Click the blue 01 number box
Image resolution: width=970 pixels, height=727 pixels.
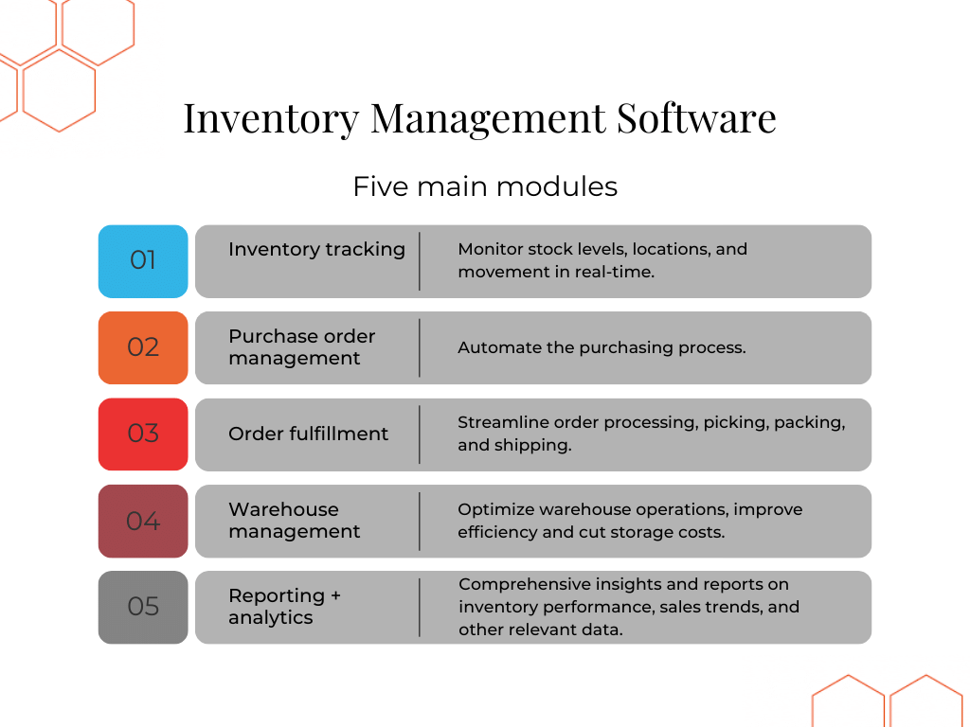coord(143,260)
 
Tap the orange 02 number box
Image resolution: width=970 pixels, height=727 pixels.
coord(143,347)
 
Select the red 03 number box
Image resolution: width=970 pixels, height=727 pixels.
coord(143,434)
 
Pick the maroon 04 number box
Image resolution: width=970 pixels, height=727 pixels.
coord(143,521)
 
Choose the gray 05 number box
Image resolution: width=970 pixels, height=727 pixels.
coord(143,607)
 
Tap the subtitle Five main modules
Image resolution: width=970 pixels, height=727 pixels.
coord(485,186)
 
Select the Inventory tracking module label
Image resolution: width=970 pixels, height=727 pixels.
coord(316,249)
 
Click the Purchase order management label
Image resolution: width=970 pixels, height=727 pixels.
coord(301,347)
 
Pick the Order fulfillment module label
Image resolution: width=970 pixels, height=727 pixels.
coord(308,434)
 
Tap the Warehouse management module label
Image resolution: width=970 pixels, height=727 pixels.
coord(294,521)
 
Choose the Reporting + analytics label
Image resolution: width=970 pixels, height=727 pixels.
coord(284,607)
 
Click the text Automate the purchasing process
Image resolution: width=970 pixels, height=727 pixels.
coord(602,347)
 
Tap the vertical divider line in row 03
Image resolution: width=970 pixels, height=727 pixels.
coord(420,434)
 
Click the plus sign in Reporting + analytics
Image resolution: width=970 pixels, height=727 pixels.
coord(334,596)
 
